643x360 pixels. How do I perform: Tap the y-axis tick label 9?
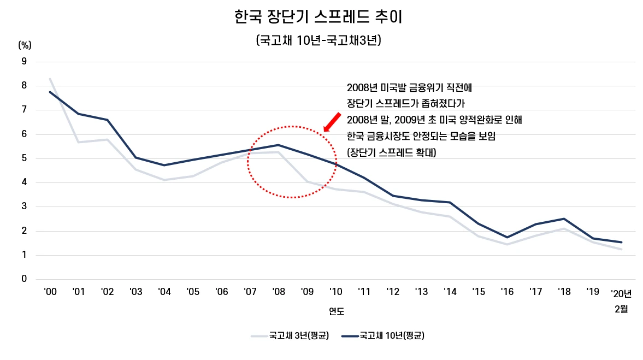pos(23,61)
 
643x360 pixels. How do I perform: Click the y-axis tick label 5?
pos(23,158)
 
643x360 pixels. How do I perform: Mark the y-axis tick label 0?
pos(23,279)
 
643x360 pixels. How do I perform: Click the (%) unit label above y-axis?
pos(25,45)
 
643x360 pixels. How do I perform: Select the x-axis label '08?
pos(278,292)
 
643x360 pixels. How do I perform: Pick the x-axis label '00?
pos(50,292)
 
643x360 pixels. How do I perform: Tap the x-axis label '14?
pos(450,292)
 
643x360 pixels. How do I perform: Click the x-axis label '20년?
pos(621,293)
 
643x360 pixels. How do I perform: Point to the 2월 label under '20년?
pos(621,309)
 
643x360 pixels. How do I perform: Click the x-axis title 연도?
pos(336,311)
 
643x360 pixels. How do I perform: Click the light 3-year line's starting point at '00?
pos(50,79)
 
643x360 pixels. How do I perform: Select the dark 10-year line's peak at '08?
pos(278,145)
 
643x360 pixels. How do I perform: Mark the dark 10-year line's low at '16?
pos(507,237)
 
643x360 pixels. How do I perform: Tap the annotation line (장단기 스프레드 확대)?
pos(391,153)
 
